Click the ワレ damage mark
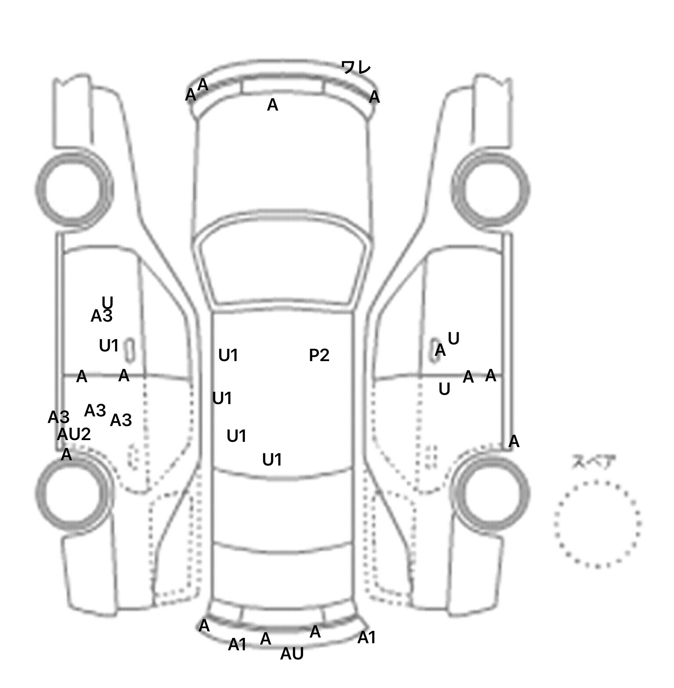(356, 68)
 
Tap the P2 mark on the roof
(319, 355)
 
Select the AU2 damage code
(74, 434)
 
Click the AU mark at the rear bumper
(292, 654)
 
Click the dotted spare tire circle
(597, 523)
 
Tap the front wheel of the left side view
(74, 189)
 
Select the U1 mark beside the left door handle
(109, 346)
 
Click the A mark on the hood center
(272, 105)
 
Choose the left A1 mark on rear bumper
(237, 645)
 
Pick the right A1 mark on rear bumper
(366, 638)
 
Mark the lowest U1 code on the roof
(272, 459)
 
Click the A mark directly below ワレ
(374, 97)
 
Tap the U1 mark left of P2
(228, 355)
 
